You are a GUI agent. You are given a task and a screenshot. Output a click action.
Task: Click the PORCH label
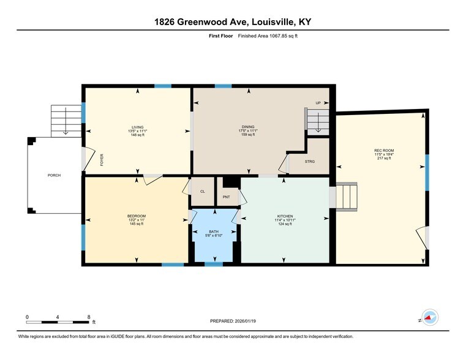pos(54,175)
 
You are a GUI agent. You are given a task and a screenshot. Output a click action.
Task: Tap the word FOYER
pos(102,160)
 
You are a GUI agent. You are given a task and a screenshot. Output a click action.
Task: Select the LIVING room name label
pos(138,127)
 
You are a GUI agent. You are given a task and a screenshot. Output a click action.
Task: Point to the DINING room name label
pos(248,127)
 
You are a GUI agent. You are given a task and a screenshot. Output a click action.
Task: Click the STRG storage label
pos(310,162)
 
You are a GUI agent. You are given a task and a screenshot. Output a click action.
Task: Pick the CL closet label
pos(203,192)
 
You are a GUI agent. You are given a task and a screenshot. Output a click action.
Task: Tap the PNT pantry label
pos(227,197)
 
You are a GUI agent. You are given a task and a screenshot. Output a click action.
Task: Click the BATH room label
pos(214,231)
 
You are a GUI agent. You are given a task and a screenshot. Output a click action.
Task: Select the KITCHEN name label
pos(285,216)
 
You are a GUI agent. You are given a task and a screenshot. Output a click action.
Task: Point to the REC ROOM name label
pos(384,151)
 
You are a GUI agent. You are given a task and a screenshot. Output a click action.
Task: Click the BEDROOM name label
pos(137,216)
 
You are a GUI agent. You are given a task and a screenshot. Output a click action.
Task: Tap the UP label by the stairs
pos(318,103)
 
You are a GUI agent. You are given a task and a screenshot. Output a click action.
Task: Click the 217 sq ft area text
pos(384,159)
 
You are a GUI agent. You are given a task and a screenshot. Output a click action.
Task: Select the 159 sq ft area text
pos(248,135)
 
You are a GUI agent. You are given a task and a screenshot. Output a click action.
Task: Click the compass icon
pos(430,317)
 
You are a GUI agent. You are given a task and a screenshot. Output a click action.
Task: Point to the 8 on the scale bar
pos(89,317)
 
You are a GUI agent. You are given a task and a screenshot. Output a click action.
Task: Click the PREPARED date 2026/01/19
pos(245,321)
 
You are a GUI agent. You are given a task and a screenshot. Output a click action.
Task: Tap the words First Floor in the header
pos(221,36)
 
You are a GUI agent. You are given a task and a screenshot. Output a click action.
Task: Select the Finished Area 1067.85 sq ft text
pos(268,36)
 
